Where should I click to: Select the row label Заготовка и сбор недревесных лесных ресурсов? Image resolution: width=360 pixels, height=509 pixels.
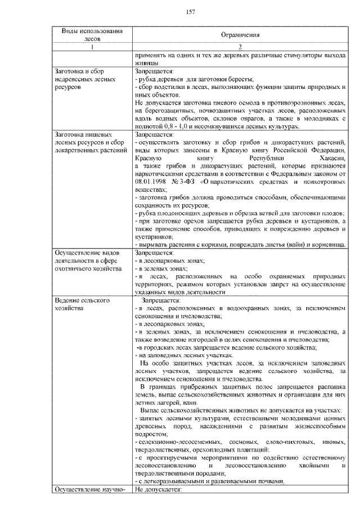coord(87,80)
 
